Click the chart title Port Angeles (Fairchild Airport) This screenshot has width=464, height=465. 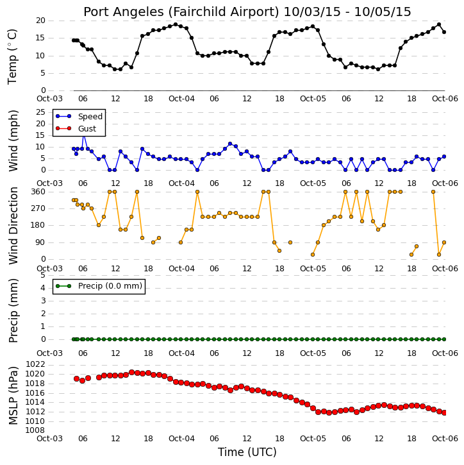[x=181, y=12]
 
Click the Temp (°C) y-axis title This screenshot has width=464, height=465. [x=12, y=56]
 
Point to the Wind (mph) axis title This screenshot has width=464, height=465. [x=13, y=140]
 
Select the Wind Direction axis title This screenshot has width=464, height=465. [x=13, y=226]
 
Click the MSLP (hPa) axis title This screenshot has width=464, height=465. [x=13, y=396]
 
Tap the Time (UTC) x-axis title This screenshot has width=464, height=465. [x=247, y=452]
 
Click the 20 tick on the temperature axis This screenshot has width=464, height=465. [x=40, y=21]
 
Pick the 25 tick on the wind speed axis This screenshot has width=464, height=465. [x=40, y=112]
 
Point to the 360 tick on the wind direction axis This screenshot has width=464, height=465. [x=38, y=192]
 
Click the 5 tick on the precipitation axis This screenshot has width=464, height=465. [x=43, y=275]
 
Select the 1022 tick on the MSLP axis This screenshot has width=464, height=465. [x=35, y=364]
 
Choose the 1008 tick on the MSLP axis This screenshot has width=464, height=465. [x=35, y=430]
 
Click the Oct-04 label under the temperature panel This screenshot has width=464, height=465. [x=181, y=99]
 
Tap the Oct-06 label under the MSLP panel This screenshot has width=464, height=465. [x=445, y=438]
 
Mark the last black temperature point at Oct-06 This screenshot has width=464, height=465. [x=444, y=32]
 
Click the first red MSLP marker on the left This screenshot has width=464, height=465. [x=76, y=378]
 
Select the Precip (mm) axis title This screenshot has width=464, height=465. [x=13, y=311]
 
